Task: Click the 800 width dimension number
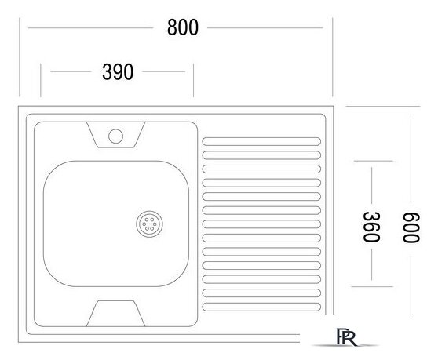point(182,27)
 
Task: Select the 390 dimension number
point(118,72)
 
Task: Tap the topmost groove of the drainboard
point(261,143)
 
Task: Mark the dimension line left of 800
point(90,28)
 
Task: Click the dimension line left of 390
point(71,72)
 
